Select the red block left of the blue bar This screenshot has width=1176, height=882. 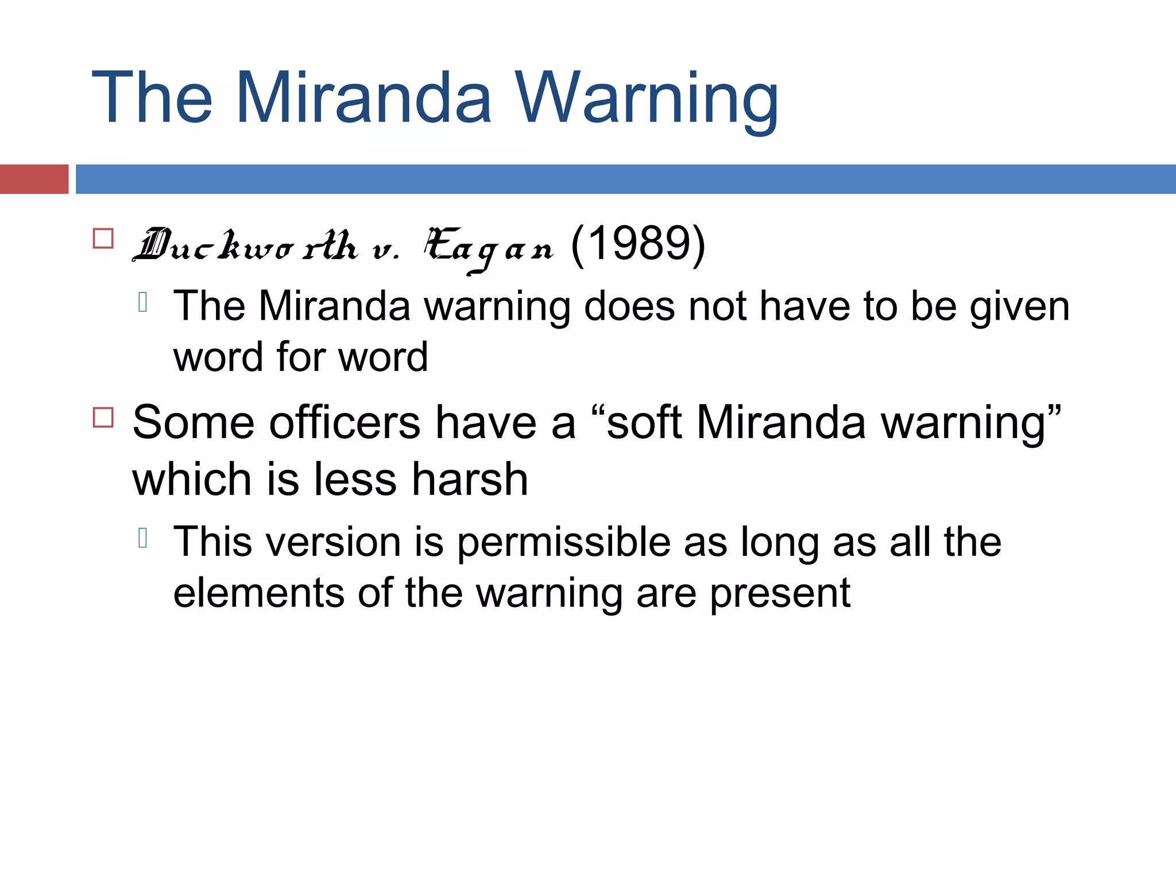point(34,179)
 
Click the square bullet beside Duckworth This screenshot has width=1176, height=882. point(103,238)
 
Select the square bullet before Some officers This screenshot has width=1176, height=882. point(103,417)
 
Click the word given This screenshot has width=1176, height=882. point(1020,307)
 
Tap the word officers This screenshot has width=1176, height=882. point(345,423)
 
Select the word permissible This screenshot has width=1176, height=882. point(564,542)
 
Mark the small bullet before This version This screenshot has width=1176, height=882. point(144,538)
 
